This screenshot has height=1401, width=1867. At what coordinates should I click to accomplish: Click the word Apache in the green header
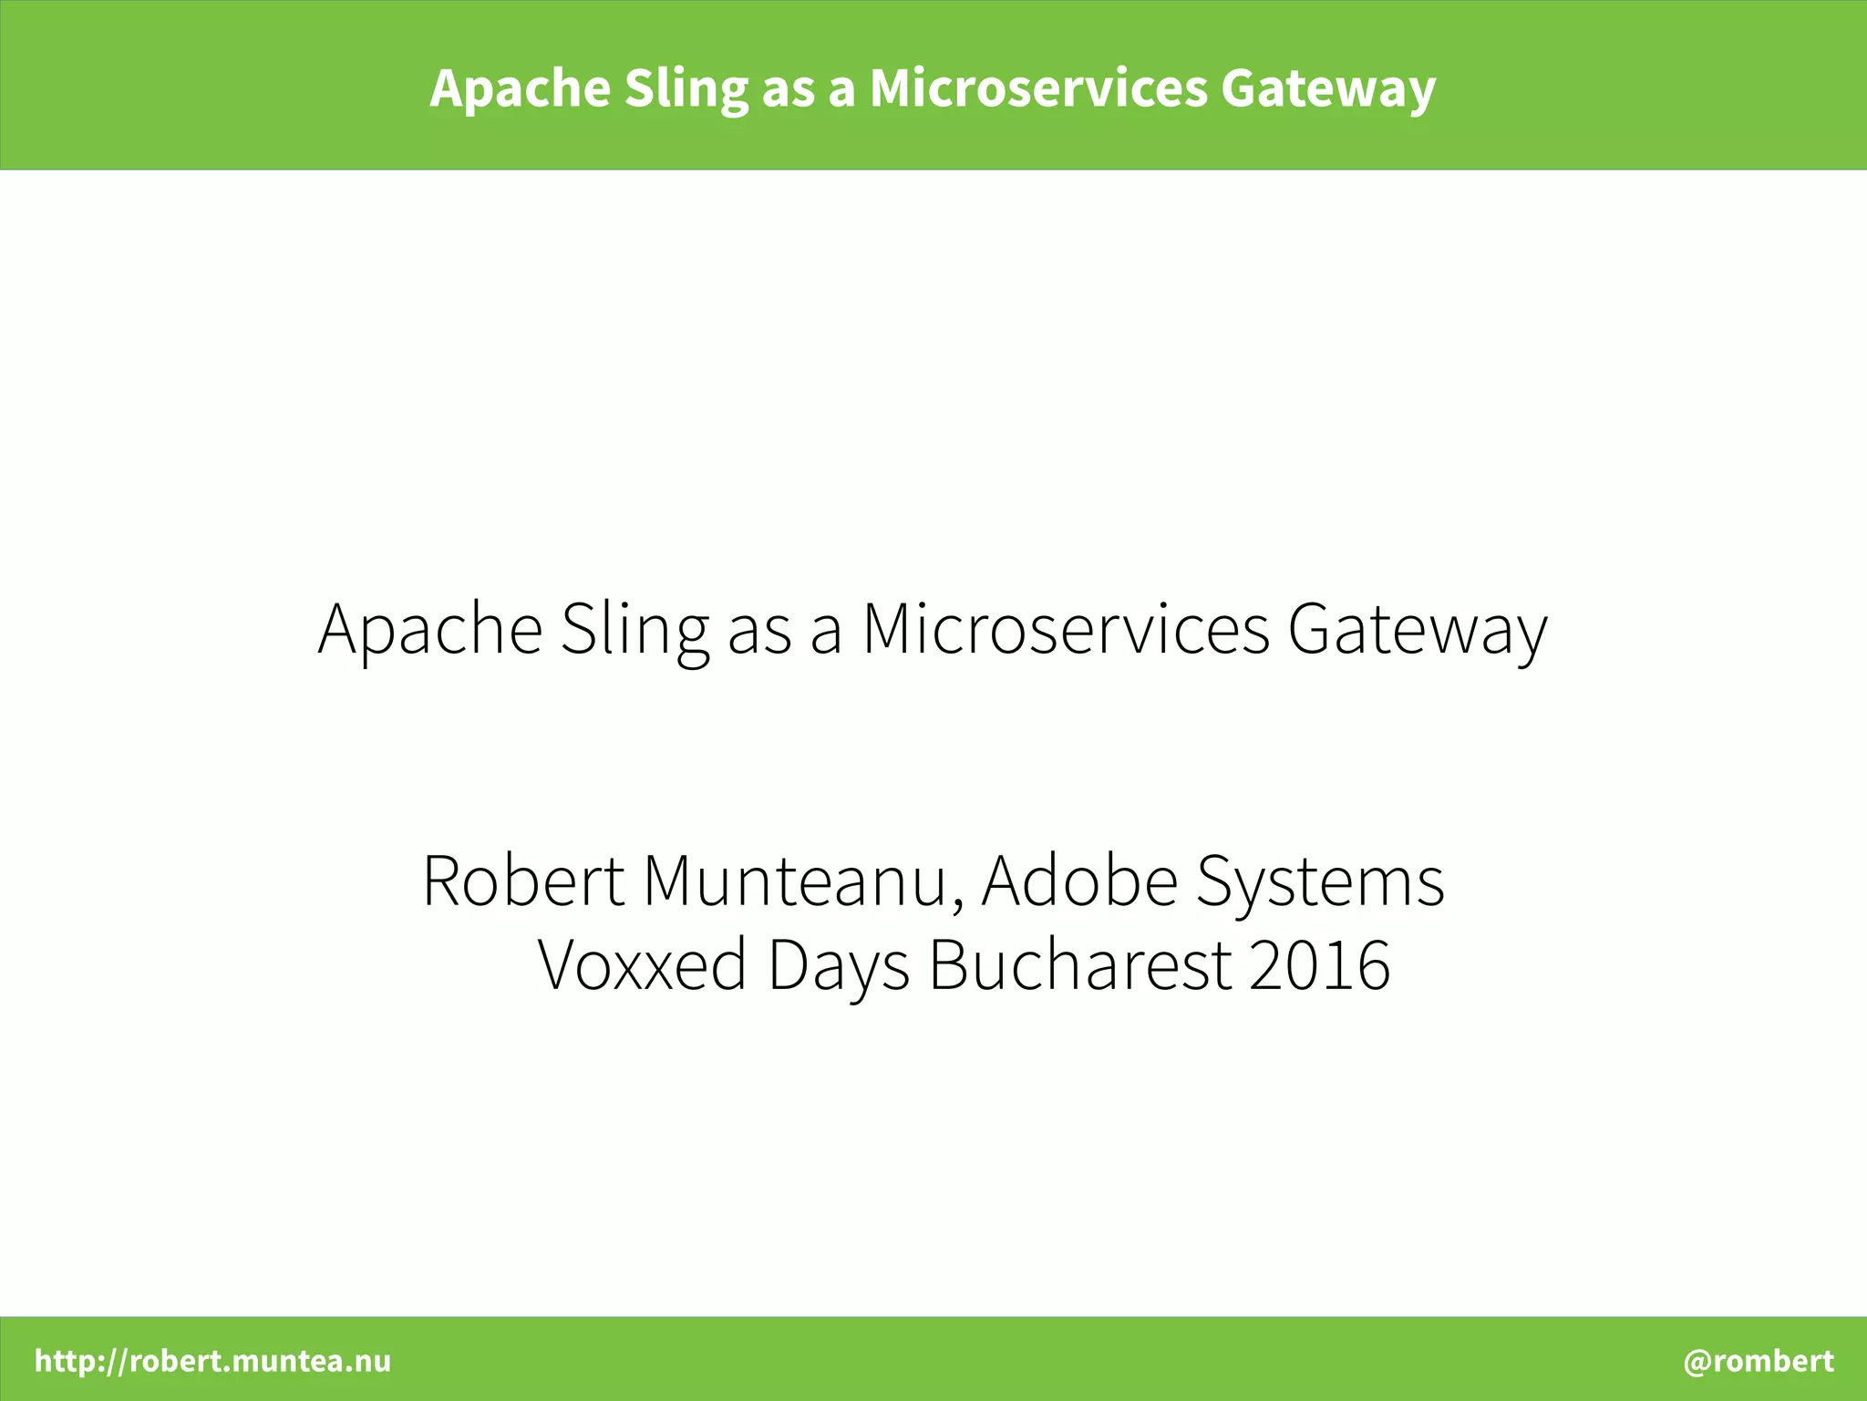(x=520, y=89)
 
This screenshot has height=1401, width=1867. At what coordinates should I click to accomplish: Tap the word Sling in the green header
(x=686, y=89)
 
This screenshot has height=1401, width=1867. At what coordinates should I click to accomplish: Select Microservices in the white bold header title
(x=1037, y=89)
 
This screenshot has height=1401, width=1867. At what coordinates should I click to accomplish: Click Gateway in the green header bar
(x=1328, y=89)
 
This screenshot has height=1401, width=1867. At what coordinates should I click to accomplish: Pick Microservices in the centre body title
(x=1066, y=629)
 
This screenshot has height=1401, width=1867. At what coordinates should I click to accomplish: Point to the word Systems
(x=1320, y=882)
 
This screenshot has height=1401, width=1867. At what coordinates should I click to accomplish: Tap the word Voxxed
(x=642, y=964)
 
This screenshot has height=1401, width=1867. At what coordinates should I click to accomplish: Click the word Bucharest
(x=1080, y=964)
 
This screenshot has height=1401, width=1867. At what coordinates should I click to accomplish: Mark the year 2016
(x=1319, y=964)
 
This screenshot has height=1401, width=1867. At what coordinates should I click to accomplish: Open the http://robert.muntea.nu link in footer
(x=212, y=1361)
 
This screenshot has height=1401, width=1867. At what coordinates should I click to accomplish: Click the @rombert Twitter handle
(x=1758, y=1361)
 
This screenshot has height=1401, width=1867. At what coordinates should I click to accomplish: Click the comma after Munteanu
(x=957, y=902)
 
